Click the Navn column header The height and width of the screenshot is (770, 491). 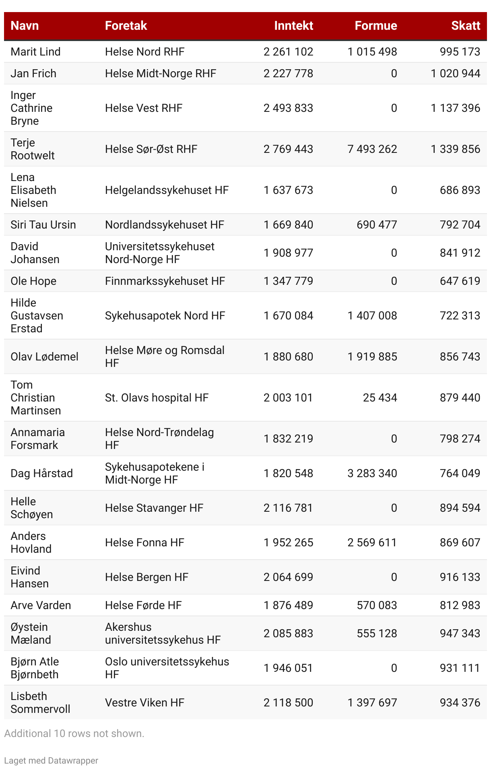(25, 26)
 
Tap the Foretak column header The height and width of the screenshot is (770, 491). (126, 26)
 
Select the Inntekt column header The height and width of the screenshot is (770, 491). (293, 26)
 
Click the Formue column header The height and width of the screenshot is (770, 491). (375, 26)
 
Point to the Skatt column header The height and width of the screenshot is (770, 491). (465, 26)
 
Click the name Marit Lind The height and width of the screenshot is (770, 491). (35, 52)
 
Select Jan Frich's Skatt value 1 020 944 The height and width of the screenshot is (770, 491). (455, 74)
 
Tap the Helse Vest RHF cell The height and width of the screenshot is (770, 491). (144, 108)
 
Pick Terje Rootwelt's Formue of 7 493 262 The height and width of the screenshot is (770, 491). (372, 149)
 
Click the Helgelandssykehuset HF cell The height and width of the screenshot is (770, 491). (167, 190)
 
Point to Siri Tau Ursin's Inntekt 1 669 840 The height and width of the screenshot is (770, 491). (288, 225)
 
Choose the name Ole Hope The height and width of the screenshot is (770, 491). (33, 281)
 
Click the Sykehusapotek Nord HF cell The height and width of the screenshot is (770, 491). (165, 316)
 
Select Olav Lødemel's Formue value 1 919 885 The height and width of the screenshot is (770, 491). (372, 357)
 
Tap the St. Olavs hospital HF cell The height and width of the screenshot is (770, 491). (157, 398)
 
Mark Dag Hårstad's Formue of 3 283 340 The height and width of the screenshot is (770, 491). (372, 474)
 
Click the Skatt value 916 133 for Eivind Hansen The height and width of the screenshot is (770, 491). (460, 577)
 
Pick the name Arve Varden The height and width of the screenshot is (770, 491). (41, 605)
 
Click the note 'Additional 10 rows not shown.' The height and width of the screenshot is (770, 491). (74, 733)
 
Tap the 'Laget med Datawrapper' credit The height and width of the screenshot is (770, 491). (51, 760)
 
